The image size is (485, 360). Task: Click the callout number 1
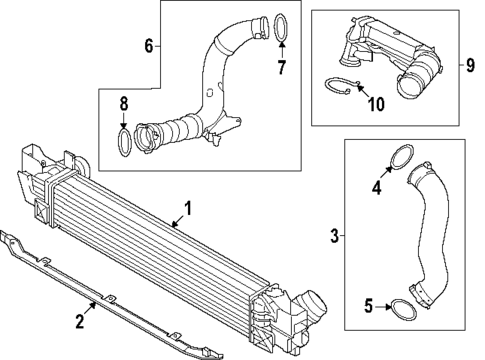[x=187, y=211]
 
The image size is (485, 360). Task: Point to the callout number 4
[x=378, y=186]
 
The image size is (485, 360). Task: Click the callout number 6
[x=149, y=46]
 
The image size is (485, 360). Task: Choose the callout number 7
[x=282, y=68]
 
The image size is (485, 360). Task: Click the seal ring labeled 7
[x=283, y=25]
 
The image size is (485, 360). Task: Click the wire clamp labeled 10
[x=341, y=87]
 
